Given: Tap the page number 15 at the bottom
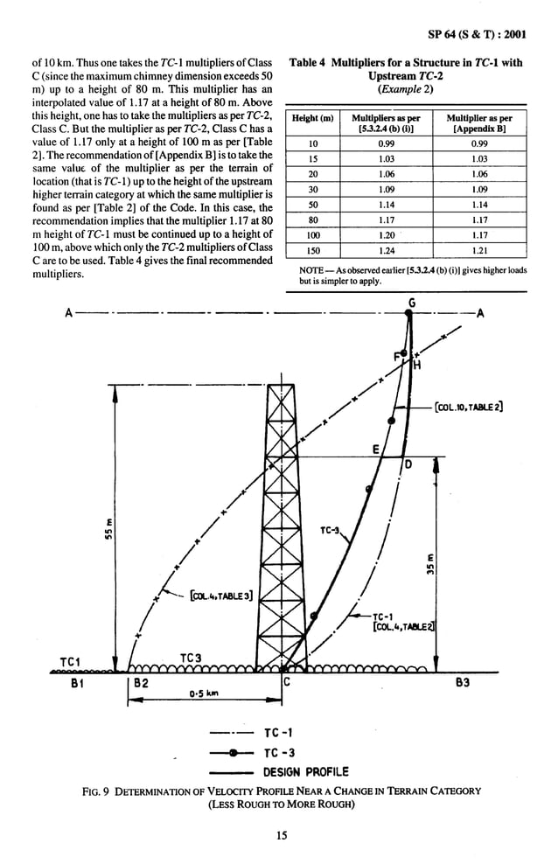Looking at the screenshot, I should [x=280, y=836].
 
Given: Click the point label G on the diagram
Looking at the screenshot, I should [x=412, y=303].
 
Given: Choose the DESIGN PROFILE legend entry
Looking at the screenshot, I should [x=305, y=771].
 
